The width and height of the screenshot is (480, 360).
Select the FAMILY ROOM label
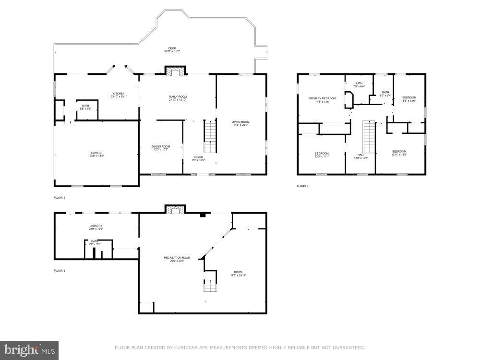pos(177,98)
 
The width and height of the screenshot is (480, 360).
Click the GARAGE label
pos(96,154)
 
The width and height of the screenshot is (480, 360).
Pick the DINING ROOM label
pos(161,147)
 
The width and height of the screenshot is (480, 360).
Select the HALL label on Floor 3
pos(361,156)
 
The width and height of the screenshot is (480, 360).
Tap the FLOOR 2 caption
pos(60,198)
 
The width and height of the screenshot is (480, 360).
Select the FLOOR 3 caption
pos(302,186)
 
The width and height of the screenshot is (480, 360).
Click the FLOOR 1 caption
pos(60,271)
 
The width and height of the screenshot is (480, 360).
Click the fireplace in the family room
pos(175,71)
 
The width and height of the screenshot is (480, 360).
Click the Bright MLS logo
pos(29,350)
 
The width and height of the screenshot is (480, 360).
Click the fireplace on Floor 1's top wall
pos(175,209)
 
